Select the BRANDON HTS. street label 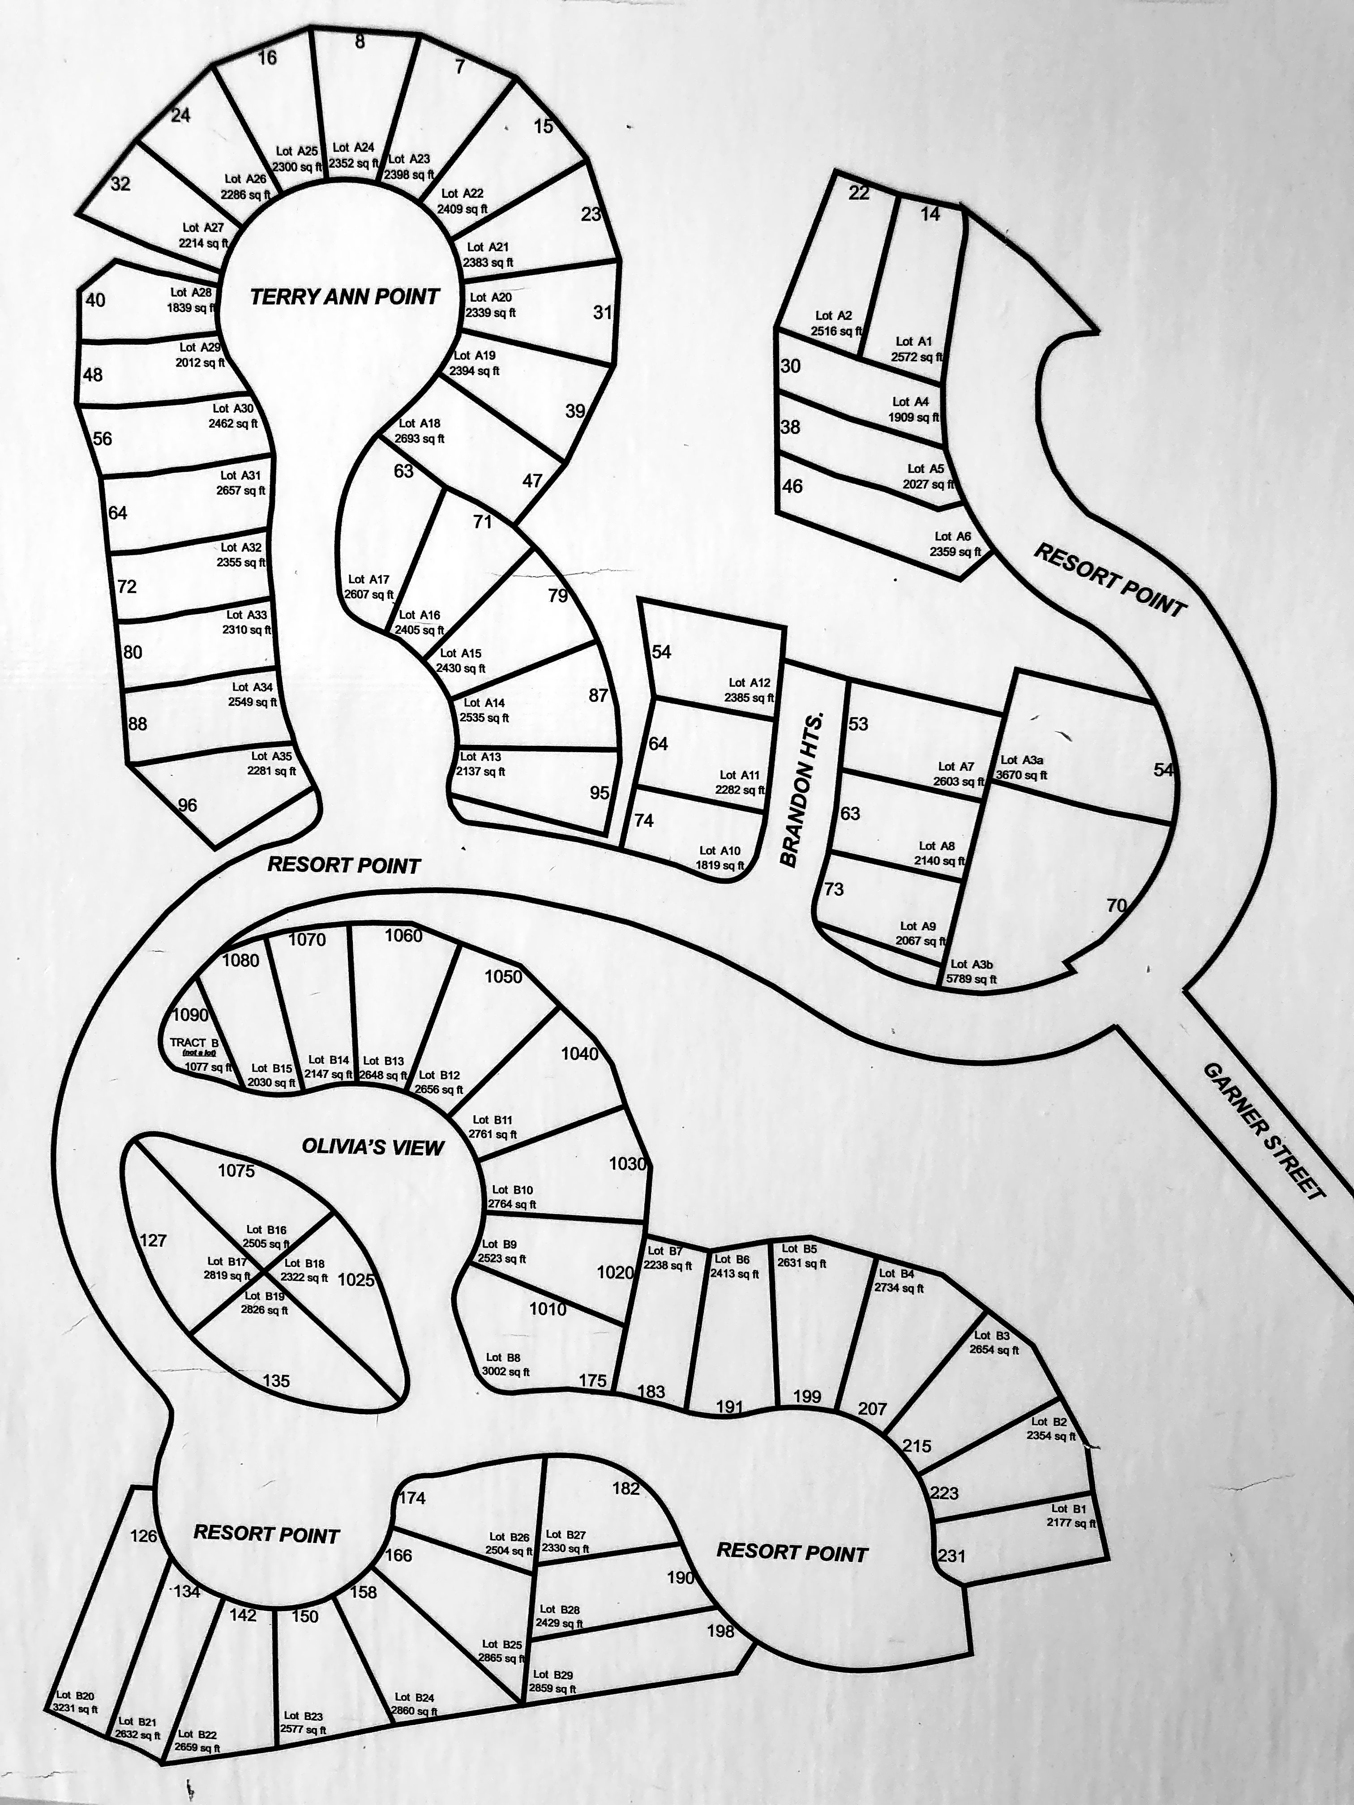coord(802,789)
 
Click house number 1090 coord(191,1016)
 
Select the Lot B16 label coord(266,1230)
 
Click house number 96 coord(188,805)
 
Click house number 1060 coord(404,936)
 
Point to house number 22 coord(859,193)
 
